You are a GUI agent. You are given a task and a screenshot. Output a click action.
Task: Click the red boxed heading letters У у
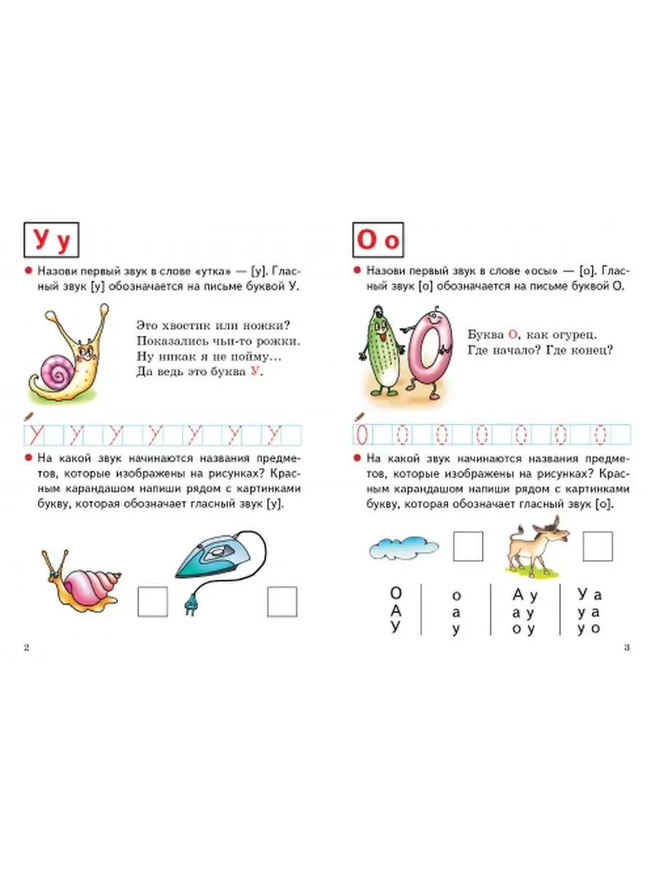pos(52,240)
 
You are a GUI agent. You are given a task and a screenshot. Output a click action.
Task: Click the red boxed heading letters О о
pos(378,240)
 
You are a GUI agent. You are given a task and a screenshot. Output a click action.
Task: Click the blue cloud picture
pos(404,548)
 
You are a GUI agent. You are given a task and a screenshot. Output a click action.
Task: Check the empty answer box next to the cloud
pos(468,546)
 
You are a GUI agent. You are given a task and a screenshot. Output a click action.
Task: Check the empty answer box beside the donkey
pos(598,546)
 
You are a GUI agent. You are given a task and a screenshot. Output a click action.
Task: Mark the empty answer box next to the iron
pos(282,602)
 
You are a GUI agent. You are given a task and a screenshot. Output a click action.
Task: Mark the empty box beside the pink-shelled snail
pos(152,602)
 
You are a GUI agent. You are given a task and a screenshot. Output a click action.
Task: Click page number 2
pos(27,647)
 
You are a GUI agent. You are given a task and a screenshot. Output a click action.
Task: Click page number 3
pos(627,647)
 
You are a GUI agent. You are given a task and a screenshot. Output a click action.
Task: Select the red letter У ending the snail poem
pos(255,371)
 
